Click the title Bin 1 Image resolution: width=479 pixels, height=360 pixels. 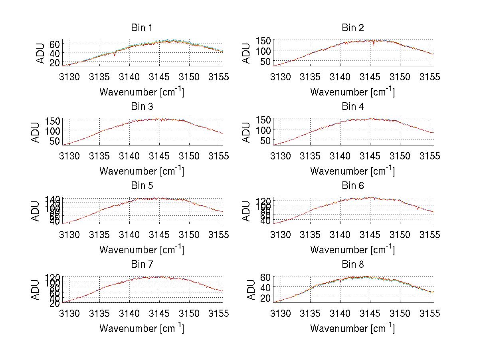(x=142, y=28)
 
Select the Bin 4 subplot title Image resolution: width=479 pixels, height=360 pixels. (x=353, y=107)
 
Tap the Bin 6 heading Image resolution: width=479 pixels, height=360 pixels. (x=353, y=186)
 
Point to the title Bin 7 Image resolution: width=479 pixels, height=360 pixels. (x=142, y=265)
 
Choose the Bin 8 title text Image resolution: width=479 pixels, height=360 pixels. (x=353, y=265)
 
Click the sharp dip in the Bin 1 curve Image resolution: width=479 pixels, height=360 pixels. (x=115, y=55)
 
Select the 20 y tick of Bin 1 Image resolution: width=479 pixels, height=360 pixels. (x=55, y=62)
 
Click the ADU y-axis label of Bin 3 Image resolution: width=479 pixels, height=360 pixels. (x=36, y=132)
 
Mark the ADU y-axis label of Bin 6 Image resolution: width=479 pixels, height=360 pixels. (x=247, y=211)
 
